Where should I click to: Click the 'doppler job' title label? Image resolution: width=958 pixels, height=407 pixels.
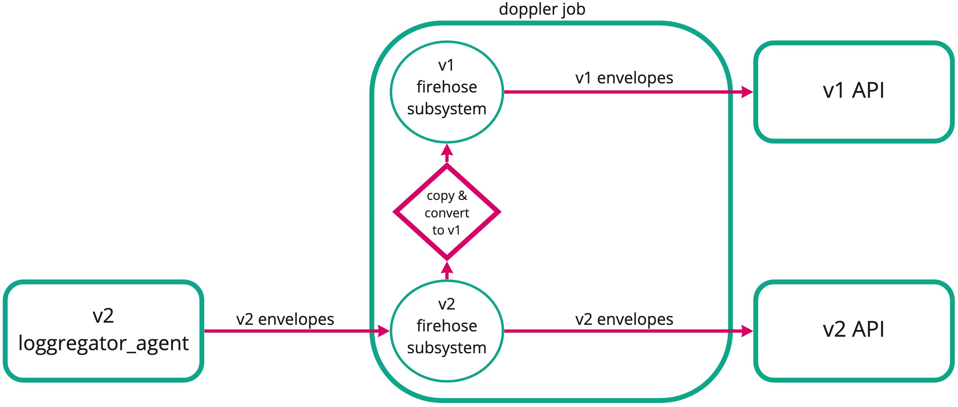pyautogui.click(x=542, y=9)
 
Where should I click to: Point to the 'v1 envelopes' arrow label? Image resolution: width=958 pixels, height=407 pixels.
pyautogui.click(x=624, y=78)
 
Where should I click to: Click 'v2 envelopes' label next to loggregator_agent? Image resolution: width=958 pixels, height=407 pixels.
pyautogui.click(x=285, y=319)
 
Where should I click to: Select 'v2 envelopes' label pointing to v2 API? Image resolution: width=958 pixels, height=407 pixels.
pyautogui.click(x=624, y=319)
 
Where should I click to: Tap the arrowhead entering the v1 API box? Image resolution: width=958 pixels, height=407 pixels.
pyautogui.click(x=747, y=92)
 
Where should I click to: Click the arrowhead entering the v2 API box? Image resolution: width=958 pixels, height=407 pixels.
pyautogui.click(x=747, y=331)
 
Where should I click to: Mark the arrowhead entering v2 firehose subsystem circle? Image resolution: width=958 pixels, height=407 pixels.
pyautogui.click(x=383, y=331)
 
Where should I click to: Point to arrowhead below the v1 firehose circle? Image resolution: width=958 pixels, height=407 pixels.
pyautogui.click(x=447, y=150)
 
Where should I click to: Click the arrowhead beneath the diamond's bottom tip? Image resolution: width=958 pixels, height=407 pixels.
pyautogui.click(x=447, y=268)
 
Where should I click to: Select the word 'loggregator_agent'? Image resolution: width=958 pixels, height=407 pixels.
pyautogui.click(x=103, y=343)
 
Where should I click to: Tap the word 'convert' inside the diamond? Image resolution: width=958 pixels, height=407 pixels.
pyautogui.click(x=447, y=213)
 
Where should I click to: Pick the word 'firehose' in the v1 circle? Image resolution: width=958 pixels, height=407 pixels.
pyautogui.click(x=447, y=87)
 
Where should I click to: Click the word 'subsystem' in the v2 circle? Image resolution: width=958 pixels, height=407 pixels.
pyautogui.click(x=447, y=347)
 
